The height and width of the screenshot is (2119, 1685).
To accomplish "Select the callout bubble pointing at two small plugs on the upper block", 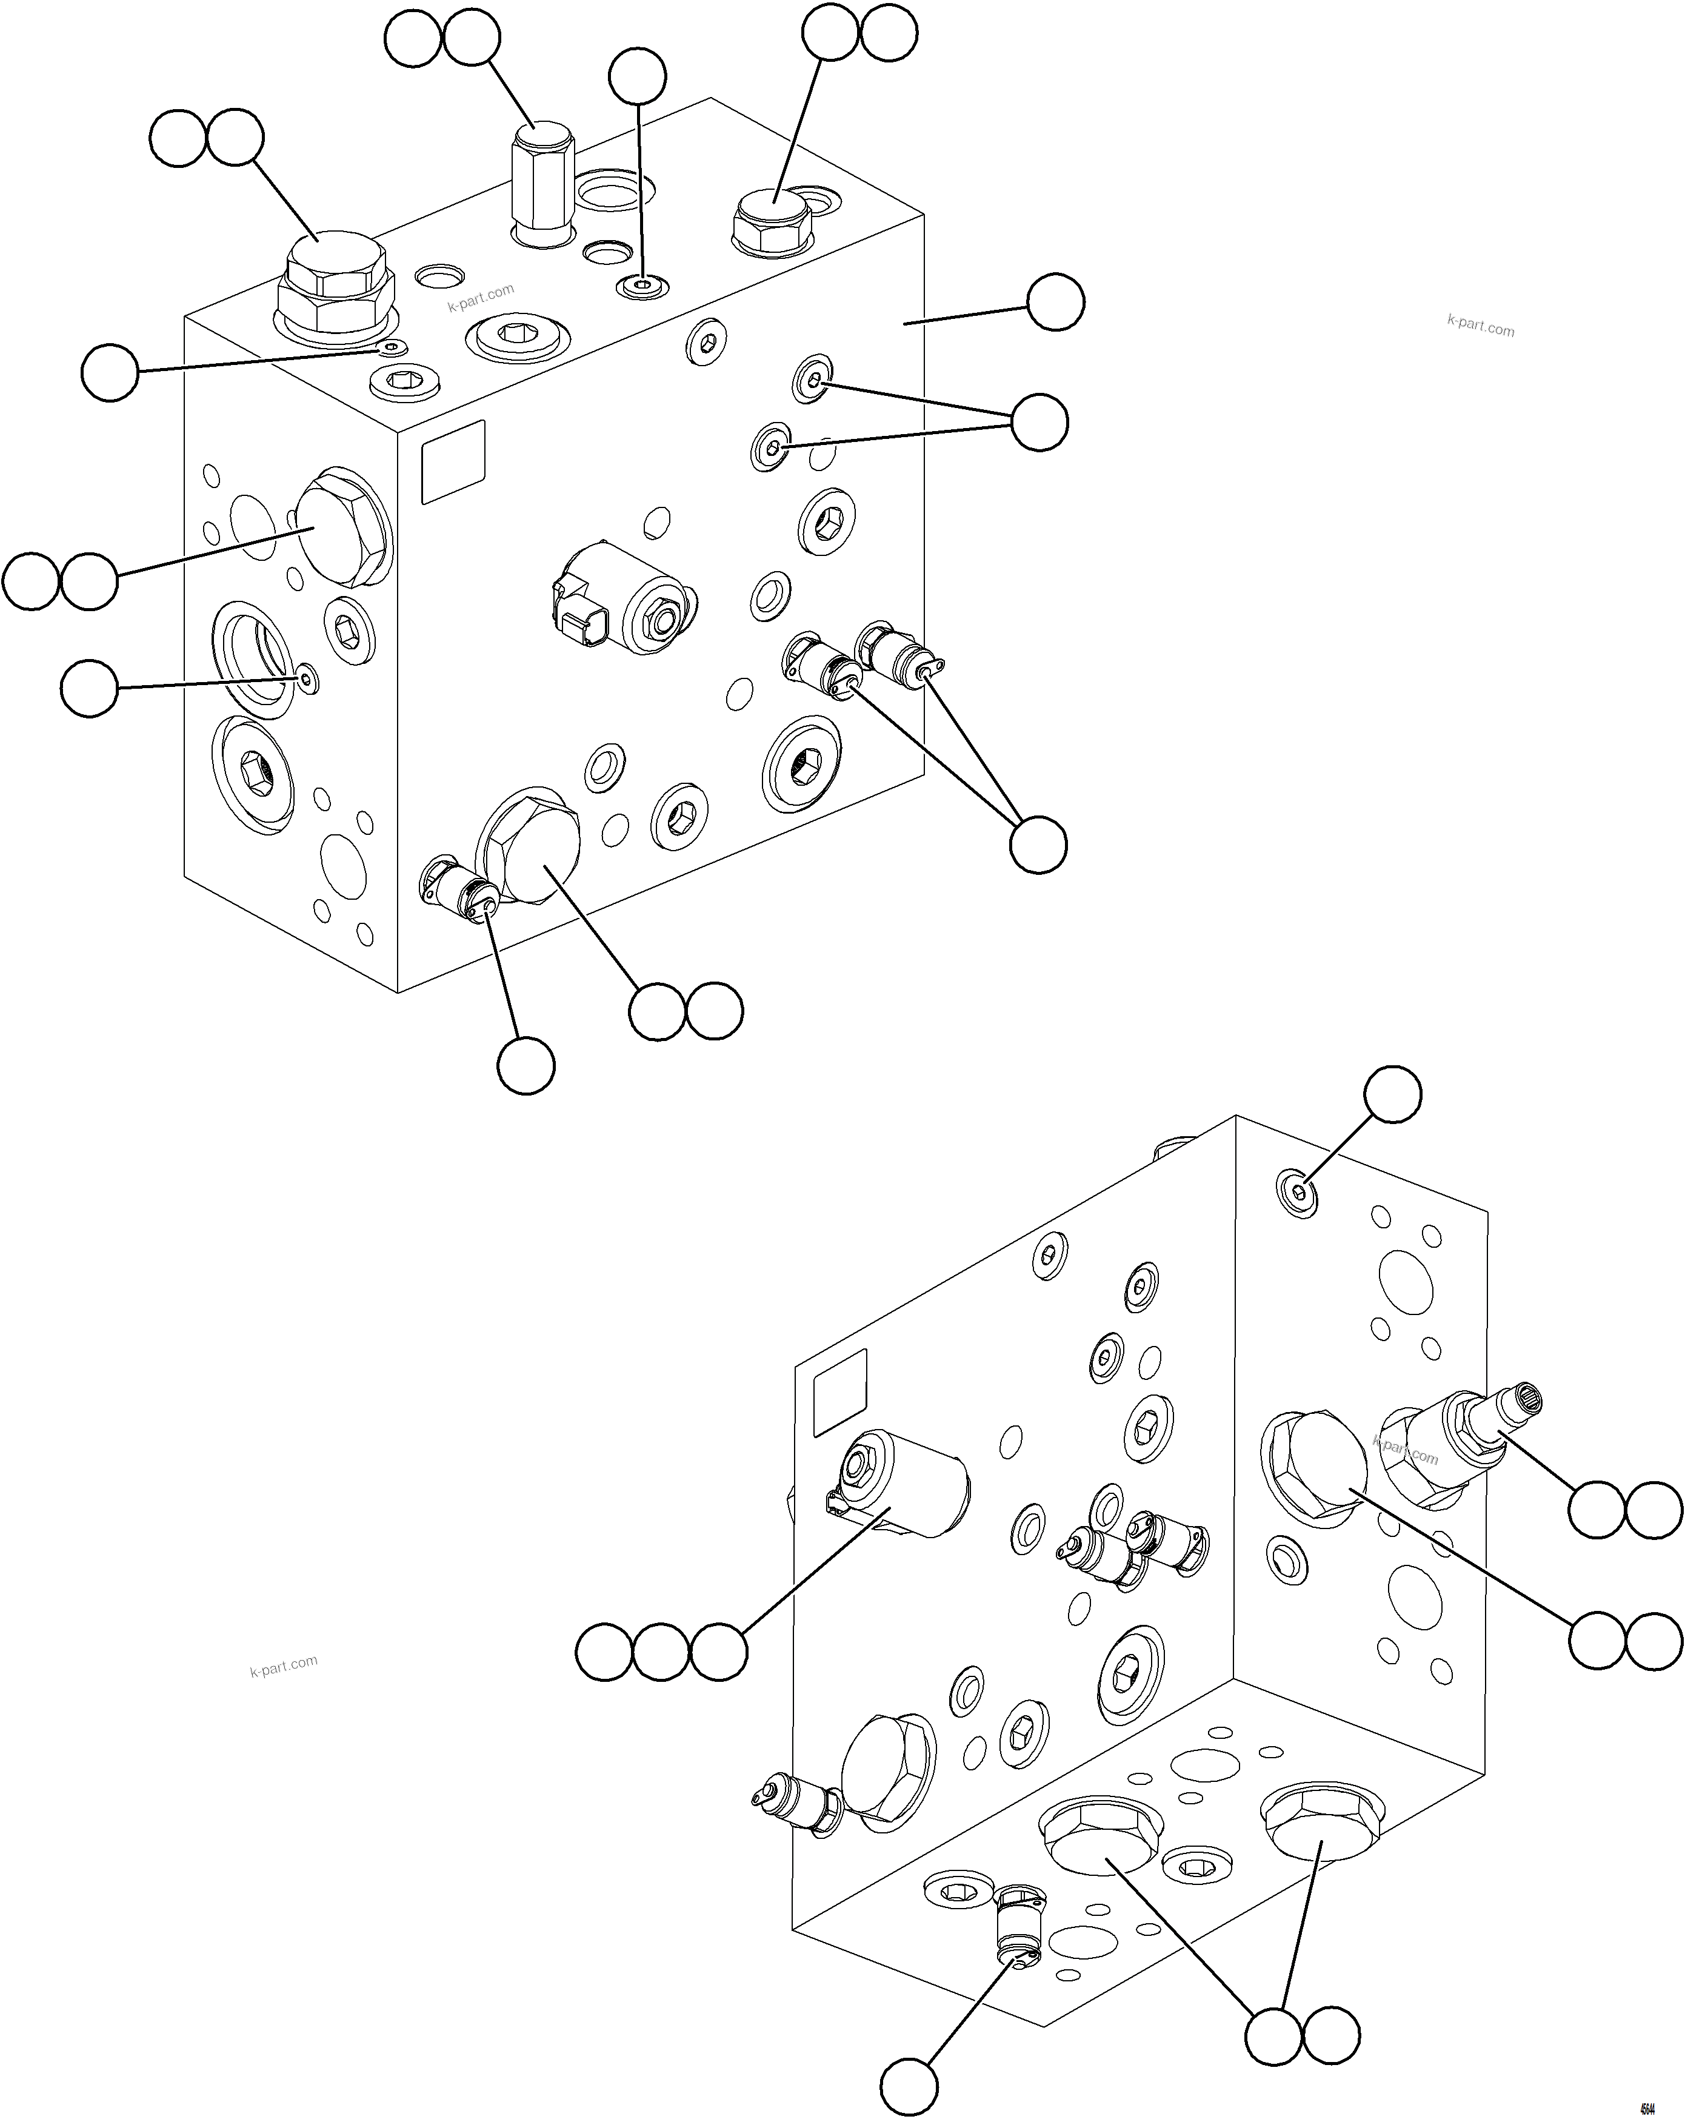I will coord(1039,421).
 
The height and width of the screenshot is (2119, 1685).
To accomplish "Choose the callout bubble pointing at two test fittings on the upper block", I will coord(1038,844).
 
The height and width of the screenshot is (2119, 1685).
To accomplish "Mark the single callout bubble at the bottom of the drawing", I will coord(908,2089).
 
